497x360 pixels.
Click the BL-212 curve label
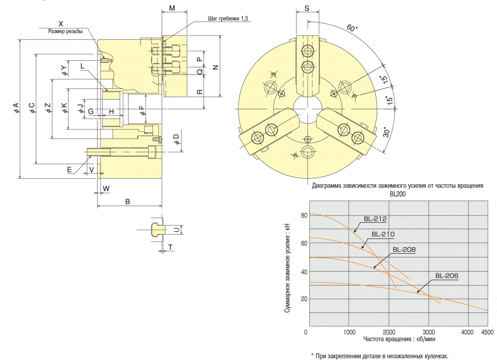click(x=375, y=219)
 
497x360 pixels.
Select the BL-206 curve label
click(x=447, y=276)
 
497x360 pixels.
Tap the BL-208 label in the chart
click(x=404, y=250)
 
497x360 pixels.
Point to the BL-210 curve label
click(x=383, y=234)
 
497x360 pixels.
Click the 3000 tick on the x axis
click(x=429, y=332)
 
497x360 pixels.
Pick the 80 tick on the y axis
click(x=304, y=215)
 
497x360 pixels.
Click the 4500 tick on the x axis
click(x=487, y=332)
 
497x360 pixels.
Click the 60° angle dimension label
click(x=352, y=28)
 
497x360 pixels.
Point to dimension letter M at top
click(x=172, y=8)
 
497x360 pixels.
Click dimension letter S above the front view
click(x=307, y=9)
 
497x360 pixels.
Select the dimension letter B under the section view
click(x=128, y=202)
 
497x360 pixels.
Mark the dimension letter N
click(x=216, y=67)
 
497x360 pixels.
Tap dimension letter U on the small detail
click(x=177, y=230)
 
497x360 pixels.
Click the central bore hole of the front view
click(x=307, y=109)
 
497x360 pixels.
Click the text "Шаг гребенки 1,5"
click(x=228, y=18)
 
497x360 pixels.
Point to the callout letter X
click(x=61, y=24)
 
